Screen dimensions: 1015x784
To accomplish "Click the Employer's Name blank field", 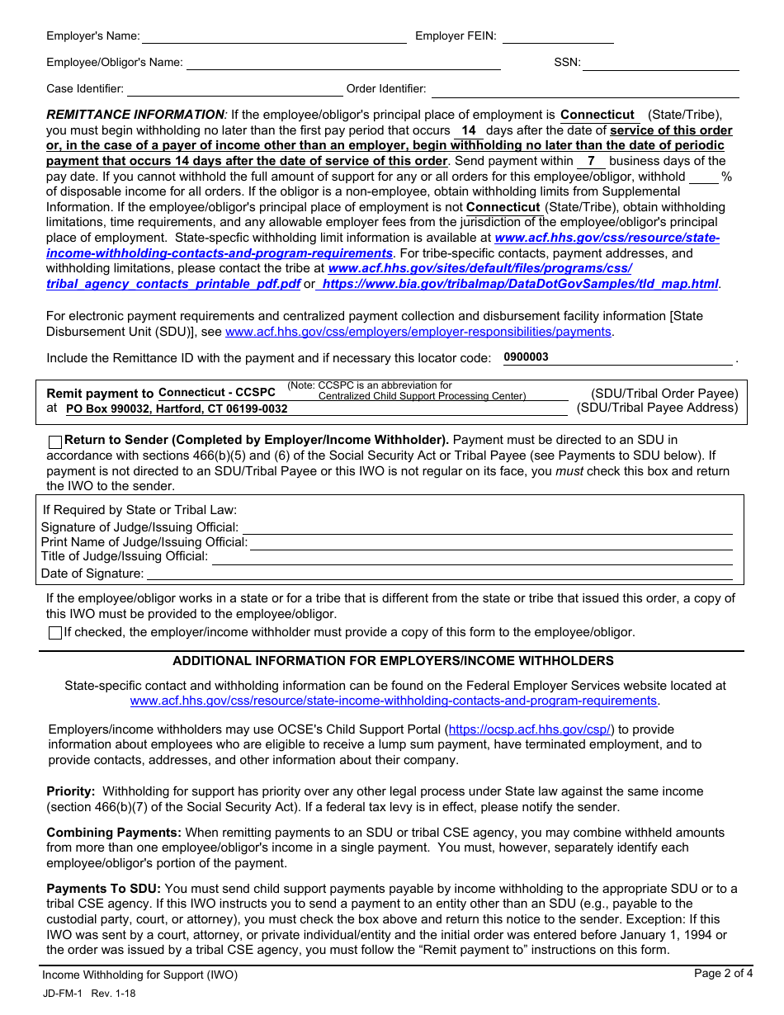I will point(275,36).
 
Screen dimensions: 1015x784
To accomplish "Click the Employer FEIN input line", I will point(558,36).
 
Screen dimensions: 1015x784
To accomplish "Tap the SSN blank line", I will point(661,63).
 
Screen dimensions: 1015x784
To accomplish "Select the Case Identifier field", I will point(234,89).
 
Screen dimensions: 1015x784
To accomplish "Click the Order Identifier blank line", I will point(584,89).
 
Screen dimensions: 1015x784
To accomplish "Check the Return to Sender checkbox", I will point(55,441).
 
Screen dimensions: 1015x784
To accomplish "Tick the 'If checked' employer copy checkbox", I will point(55,633).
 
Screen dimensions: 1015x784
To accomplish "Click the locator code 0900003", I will point(526,357).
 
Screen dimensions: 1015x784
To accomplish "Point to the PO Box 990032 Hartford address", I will point(177,408).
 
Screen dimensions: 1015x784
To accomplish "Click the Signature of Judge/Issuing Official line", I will point(487,527).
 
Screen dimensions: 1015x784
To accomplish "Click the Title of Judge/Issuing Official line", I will point(472,557).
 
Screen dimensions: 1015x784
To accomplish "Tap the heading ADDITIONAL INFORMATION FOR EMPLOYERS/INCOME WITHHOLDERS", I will point(393,661).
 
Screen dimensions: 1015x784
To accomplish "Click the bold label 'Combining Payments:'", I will point(114,833).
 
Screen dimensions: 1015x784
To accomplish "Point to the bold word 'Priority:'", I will point(71,791).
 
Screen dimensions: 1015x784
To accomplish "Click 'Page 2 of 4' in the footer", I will point(723,974).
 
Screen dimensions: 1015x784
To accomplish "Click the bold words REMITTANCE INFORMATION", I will point(135,115).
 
